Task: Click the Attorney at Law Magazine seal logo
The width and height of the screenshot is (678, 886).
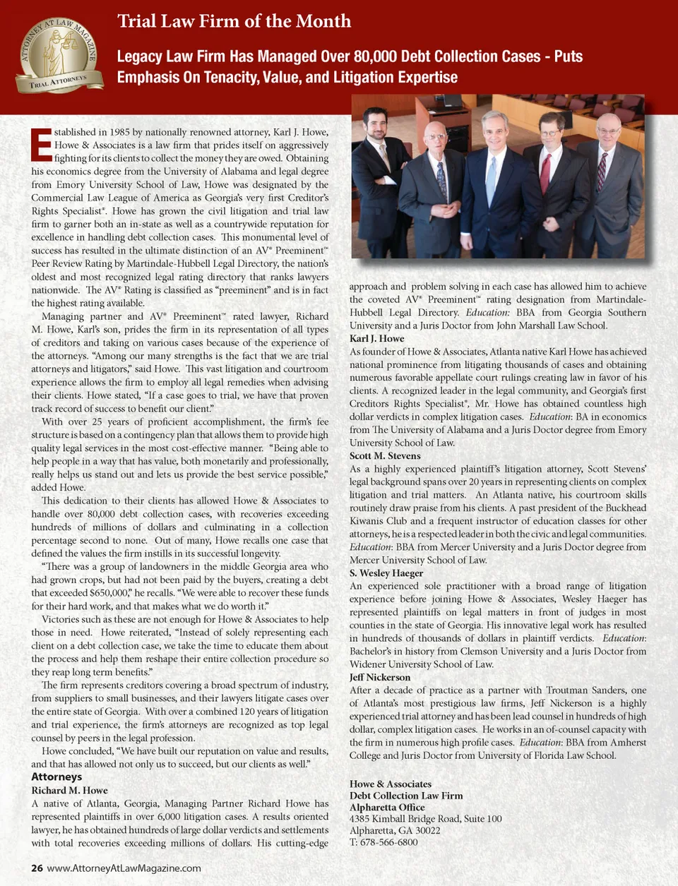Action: click(59, 56)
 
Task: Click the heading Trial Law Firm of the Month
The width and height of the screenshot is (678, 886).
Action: click(234, 21)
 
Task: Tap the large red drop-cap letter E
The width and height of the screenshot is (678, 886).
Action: click(41, 145)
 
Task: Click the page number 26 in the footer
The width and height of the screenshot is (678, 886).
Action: click(37, 868)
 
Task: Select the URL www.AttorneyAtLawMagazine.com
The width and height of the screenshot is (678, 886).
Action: click(124, 868)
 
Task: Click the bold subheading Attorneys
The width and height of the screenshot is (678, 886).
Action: click(56, 777)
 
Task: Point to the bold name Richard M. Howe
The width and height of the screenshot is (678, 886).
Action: click(69, 790)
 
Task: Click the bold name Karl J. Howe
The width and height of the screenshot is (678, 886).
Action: click(376, 338)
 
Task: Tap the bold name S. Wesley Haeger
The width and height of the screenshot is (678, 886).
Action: click(386, 573)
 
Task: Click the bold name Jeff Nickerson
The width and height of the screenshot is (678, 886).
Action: click(379, 677)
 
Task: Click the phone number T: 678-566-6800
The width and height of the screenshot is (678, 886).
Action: click(383, 842)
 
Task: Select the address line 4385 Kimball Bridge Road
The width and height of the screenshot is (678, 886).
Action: click(425, 819)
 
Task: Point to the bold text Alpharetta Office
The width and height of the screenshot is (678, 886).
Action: click(387, 807)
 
